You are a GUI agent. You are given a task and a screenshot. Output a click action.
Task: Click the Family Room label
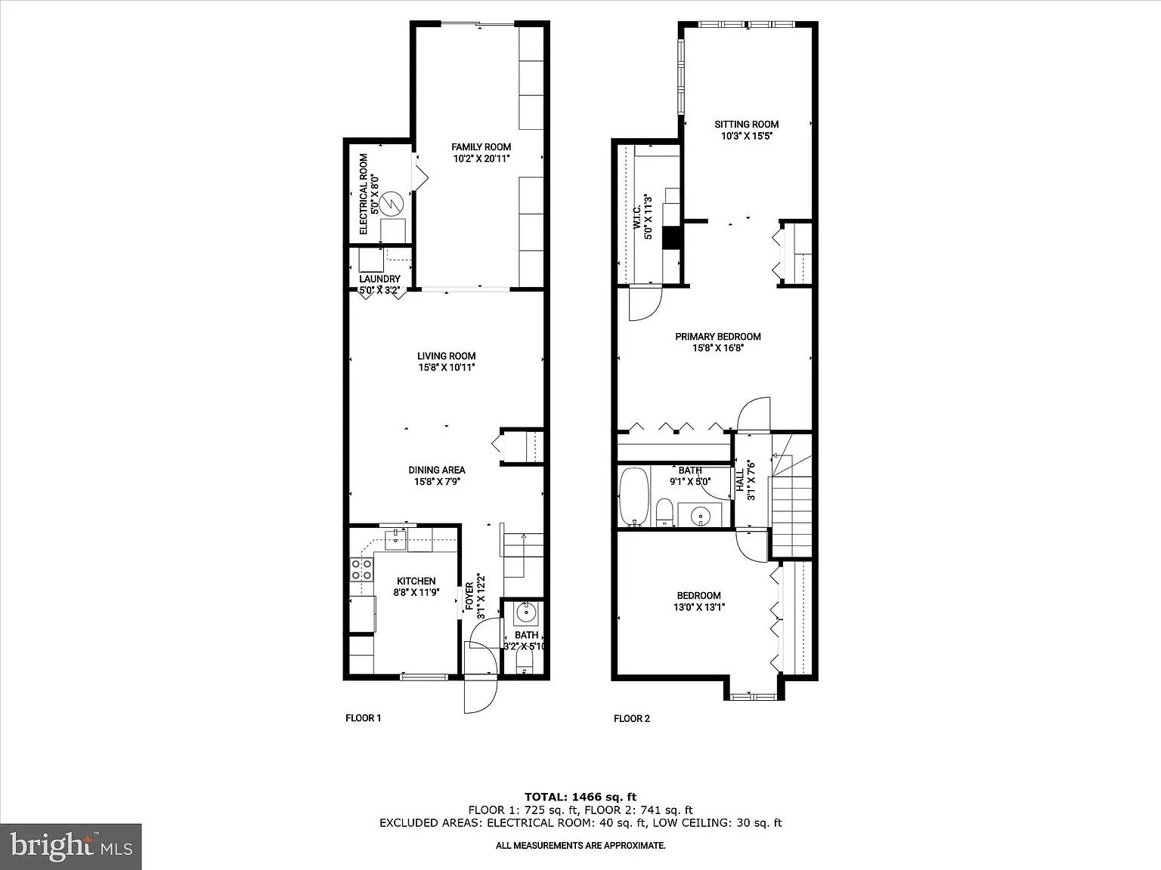coord(481,147)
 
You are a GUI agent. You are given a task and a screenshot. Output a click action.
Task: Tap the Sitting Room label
coord(746,124)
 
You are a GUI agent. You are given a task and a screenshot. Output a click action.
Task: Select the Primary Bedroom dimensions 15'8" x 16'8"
coord(718,348)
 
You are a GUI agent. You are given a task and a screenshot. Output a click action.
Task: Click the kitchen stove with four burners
coord(361,569)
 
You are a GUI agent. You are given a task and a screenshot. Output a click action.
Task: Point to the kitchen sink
coord(395,538)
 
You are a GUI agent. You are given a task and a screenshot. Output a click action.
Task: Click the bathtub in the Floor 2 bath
coord(633,496)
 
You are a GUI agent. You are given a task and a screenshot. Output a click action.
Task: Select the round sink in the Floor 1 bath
coord(527,613)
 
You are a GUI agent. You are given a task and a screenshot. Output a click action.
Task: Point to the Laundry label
coord(379,279)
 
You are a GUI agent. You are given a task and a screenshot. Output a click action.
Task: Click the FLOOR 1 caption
coord(363,718)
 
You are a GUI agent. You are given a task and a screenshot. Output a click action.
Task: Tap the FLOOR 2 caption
coord(632,718)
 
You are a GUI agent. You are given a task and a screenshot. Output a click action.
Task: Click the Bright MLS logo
coord(70,847)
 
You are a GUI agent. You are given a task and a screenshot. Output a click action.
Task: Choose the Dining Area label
coord(436,470)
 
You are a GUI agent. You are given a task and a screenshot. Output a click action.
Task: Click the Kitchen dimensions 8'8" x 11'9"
coord(416,593)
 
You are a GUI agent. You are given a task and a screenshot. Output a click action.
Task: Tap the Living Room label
coord(447,356)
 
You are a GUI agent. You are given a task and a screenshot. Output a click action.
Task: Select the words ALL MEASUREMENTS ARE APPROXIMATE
coord(580,846)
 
